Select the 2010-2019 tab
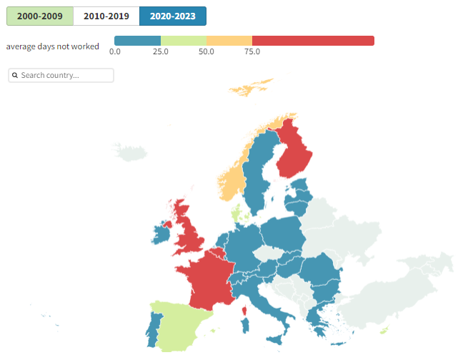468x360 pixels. point(106,16)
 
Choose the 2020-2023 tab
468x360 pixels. point(172,16)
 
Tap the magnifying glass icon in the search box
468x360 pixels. point(15,75)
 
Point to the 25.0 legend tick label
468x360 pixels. point(161,51)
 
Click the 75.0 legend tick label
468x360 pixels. point(252,51)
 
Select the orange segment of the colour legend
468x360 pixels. point(229,41)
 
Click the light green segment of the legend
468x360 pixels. point(184,41)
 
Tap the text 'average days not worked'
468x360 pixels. point(52,46)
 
